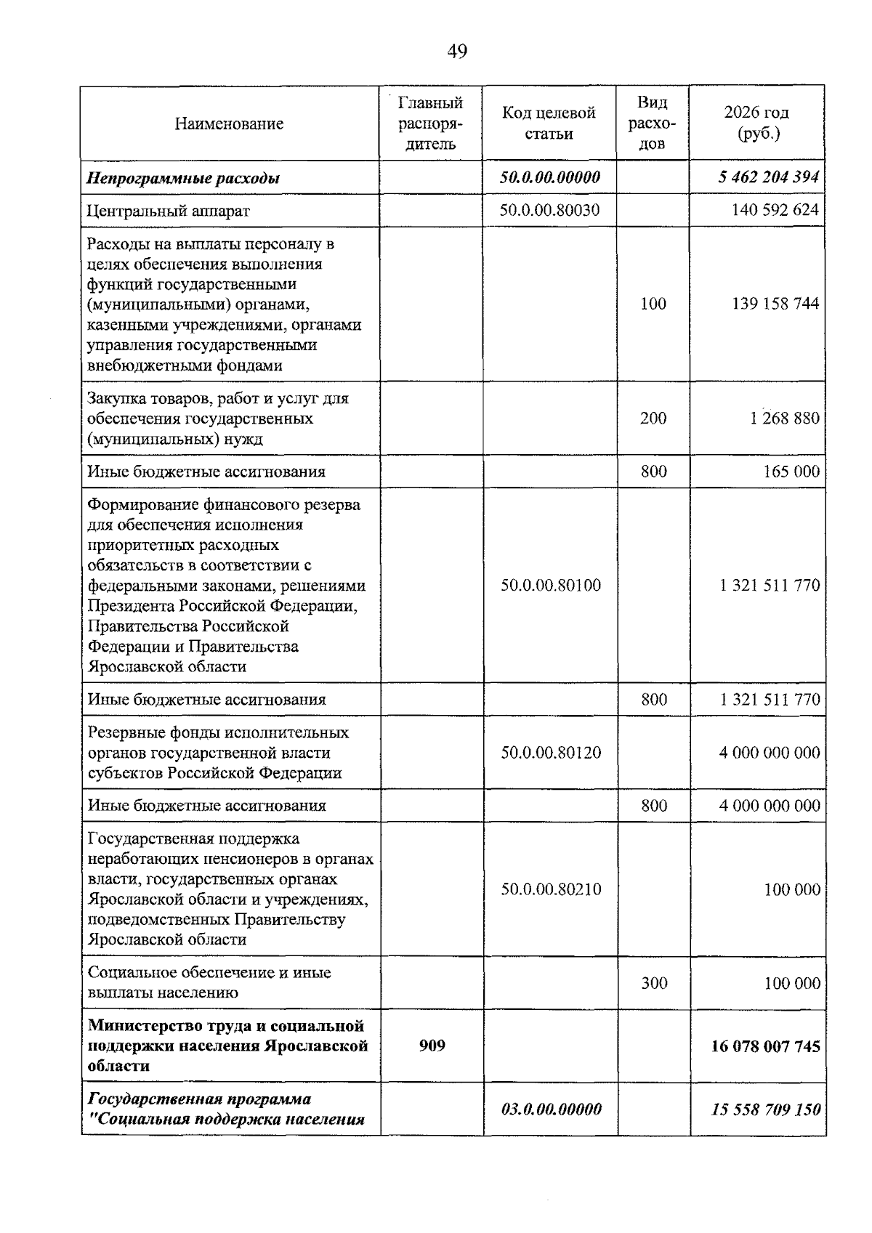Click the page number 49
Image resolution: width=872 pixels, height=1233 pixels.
[x=457, y=51]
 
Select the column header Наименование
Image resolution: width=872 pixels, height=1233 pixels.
[x=229, y=124]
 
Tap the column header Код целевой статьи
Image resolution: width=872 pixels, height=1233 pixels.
[x=549, y=123]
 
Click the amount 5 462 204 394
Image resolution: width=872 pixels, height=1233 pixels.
[x=769, y=177]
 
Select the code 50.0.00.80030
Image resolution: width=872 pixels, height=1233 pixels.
[x=550, y=210]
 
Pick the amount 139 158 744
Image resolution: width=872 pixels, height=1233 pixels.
[x=775, y=304]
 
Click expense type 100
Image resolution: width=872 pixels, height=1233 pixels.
[x=653, y=304]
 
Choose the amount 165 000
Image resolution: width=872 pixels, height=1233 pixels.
[x=791, y=472]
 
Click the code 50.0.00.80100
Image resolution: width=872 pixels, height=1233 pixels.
[x=551, y=586]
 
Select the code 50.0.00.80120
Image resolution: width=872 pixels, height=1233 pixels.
[x=551, y=753]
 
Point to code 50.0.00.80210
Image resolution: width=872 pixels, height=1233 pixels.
[x=551, y=889]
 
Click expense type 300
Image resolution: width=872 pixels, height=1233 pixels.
[x=654, y=983]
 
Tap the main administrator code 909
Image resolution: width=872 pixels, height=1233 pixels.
[x=432, y=1046]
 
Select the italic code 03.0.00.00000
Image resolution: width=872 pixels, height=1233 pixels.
[x=552, y=1109]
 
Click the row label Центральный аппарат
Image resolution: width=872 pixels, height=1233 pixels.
[x=169, y=211]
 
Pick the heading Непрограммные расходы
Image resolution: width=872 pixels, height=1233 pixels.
[x=183, y=178]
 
